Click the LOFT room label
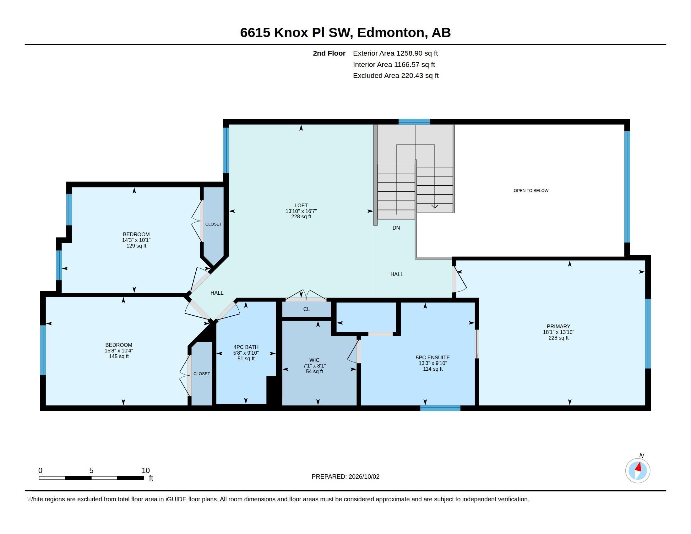301,205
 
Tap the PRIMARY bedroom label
558,326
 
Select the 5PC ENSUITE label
433,357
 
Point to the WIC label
314,360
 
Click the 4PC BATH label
246,347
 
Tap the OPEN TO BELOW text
531,190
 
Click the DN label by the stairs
396,228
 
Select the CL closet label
306,309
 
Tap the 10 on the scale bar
145,471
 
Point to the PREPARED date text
345,477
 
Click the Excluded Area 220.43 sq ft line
396,76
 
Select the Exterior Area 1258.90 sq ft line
395,53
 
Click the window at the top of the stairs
414,122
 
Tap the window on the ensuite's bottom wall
440,408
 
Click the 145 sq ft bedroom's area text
119,356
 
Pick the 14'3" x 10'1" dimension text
136,240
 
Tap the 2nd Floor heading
329,53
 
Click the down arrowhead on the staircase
435,207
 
